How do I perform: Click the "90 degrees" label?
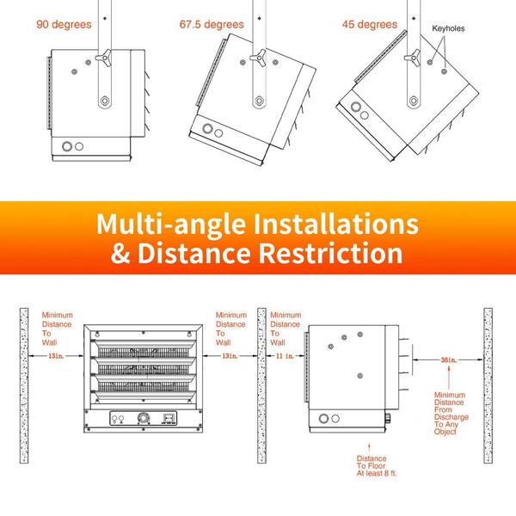pos(64,24)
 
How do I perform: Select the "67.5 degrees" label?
pos(212,24)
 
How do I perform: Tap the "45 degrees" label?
pos(370,24)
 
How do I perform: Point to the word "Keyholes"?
pos(448,28)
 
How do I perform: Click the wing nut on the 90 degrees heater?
pos(104,58)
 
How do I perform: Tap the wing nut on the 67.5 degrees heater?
pos(258,58)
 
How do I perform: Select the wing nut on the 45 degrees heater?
pos(413,58)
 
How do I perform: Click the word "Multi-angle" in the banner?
pos(171,224)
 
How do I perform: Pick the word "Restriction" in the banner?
pos(330,253)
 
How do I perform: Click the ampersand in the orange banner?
pos(120,254)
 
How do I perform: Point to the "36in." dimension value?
pos(449,360)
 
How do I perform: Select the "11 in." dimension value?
pos(285,356)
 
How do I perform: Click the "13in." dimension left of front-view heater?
pos(56,356)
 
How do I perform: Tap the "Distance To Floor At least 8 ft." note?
pos(377,466)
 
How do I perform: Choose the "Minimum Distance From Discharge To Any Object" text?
pos(451,413)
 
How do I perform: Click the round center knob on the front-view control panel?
pos(143,418)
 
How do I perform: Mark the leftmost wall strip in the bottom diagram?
pos(24,385)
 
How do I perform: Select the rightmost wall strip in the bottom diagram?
pos(488,385)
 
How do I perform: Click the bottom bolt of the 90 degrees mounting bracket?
pos(105,101)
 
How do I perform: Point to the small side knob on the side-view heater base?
pos(388,418)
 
